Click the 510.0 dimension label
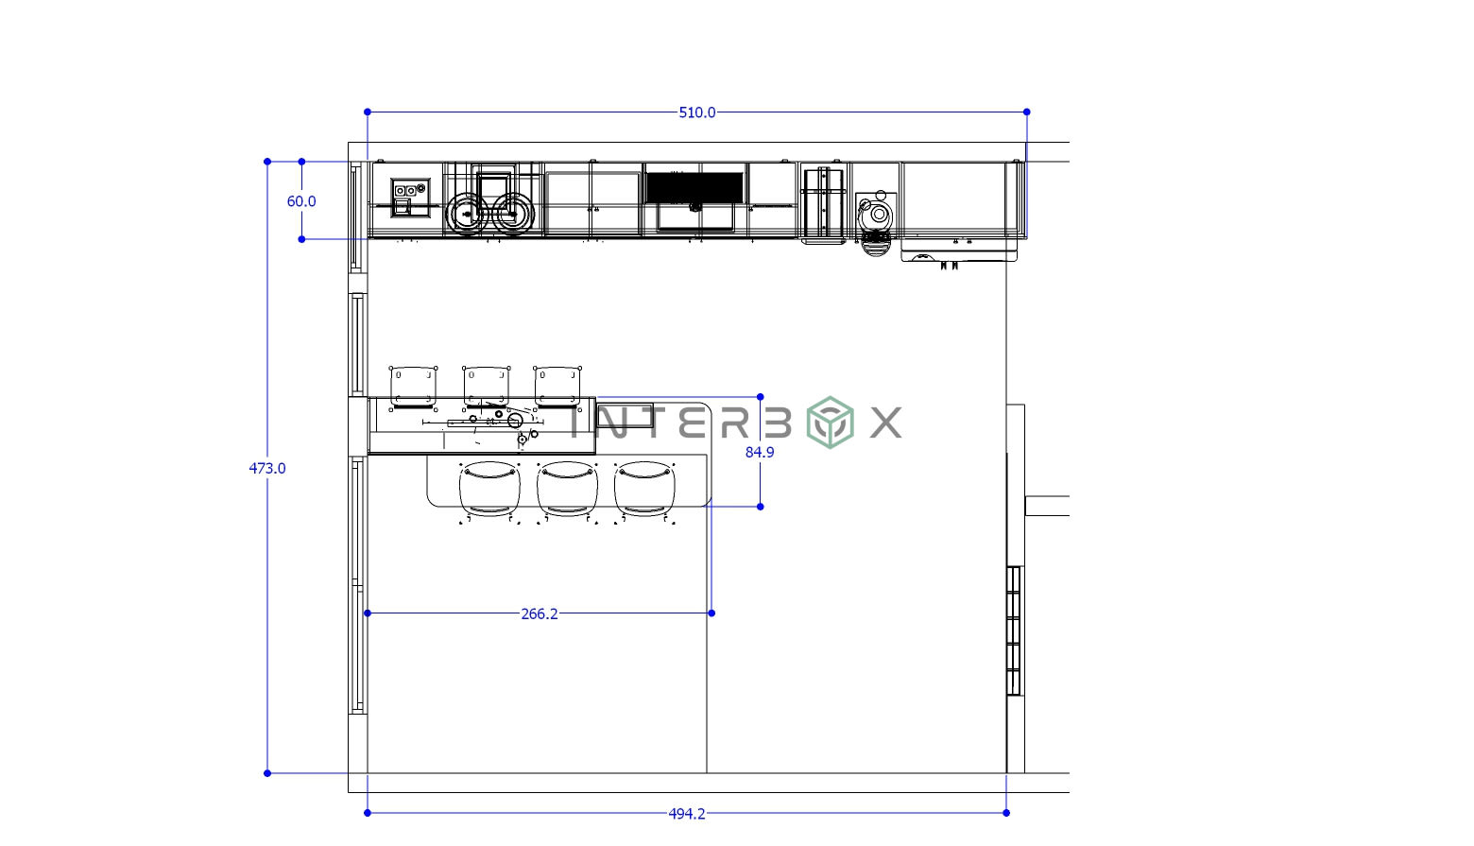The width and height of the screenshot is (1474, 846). click(697, 112)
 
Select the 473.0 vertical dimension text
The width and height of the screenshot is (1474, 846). click(267, 468)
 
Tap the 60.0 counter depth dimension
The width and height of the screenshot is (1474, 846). click(301, 201)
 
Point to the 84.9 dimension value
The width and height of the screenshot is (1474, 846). click(760, 453)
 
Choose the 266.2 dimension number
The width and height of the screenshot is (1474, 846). click(540, 614)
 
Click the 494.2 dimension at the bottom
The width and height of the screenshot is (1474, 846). click(687, 814)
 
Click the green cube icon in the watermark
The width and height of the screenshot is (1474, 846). click(830, 423)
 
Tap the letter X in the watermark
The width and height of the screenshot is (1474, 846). click(885, 423)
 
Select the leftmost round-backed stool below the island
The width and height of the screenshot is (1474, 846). click(489, 489)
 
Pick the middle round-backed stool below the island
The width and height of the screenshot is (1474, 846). click(567, 489)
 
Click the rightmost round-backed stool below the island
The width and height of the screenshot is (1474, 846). click(644, 489)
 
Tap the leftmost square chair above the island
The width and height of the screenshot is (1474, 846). click(413, 385)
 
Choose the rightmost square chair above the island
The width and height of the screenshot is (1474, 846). click(557, 385)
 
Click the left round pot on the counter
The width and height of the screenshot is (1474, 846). click(466, 214)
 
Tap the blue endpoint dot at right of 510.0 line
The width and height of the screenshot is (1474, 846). click(1027, 112)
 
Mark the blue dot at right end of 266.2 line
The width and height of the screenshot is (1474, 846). click(711, 613)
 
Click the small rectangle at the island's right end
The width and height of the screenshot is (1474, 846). click(625, 415)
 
